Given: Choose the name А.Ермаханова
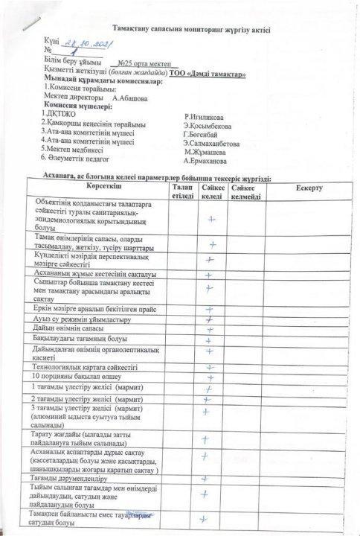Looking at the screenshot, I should click(x=205, y=160).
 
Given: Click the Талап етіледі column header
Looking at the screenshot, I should click(x=182, y=191).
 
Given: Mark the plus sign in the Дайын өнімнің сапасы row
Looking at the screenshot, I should click(x=211, y=328).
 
